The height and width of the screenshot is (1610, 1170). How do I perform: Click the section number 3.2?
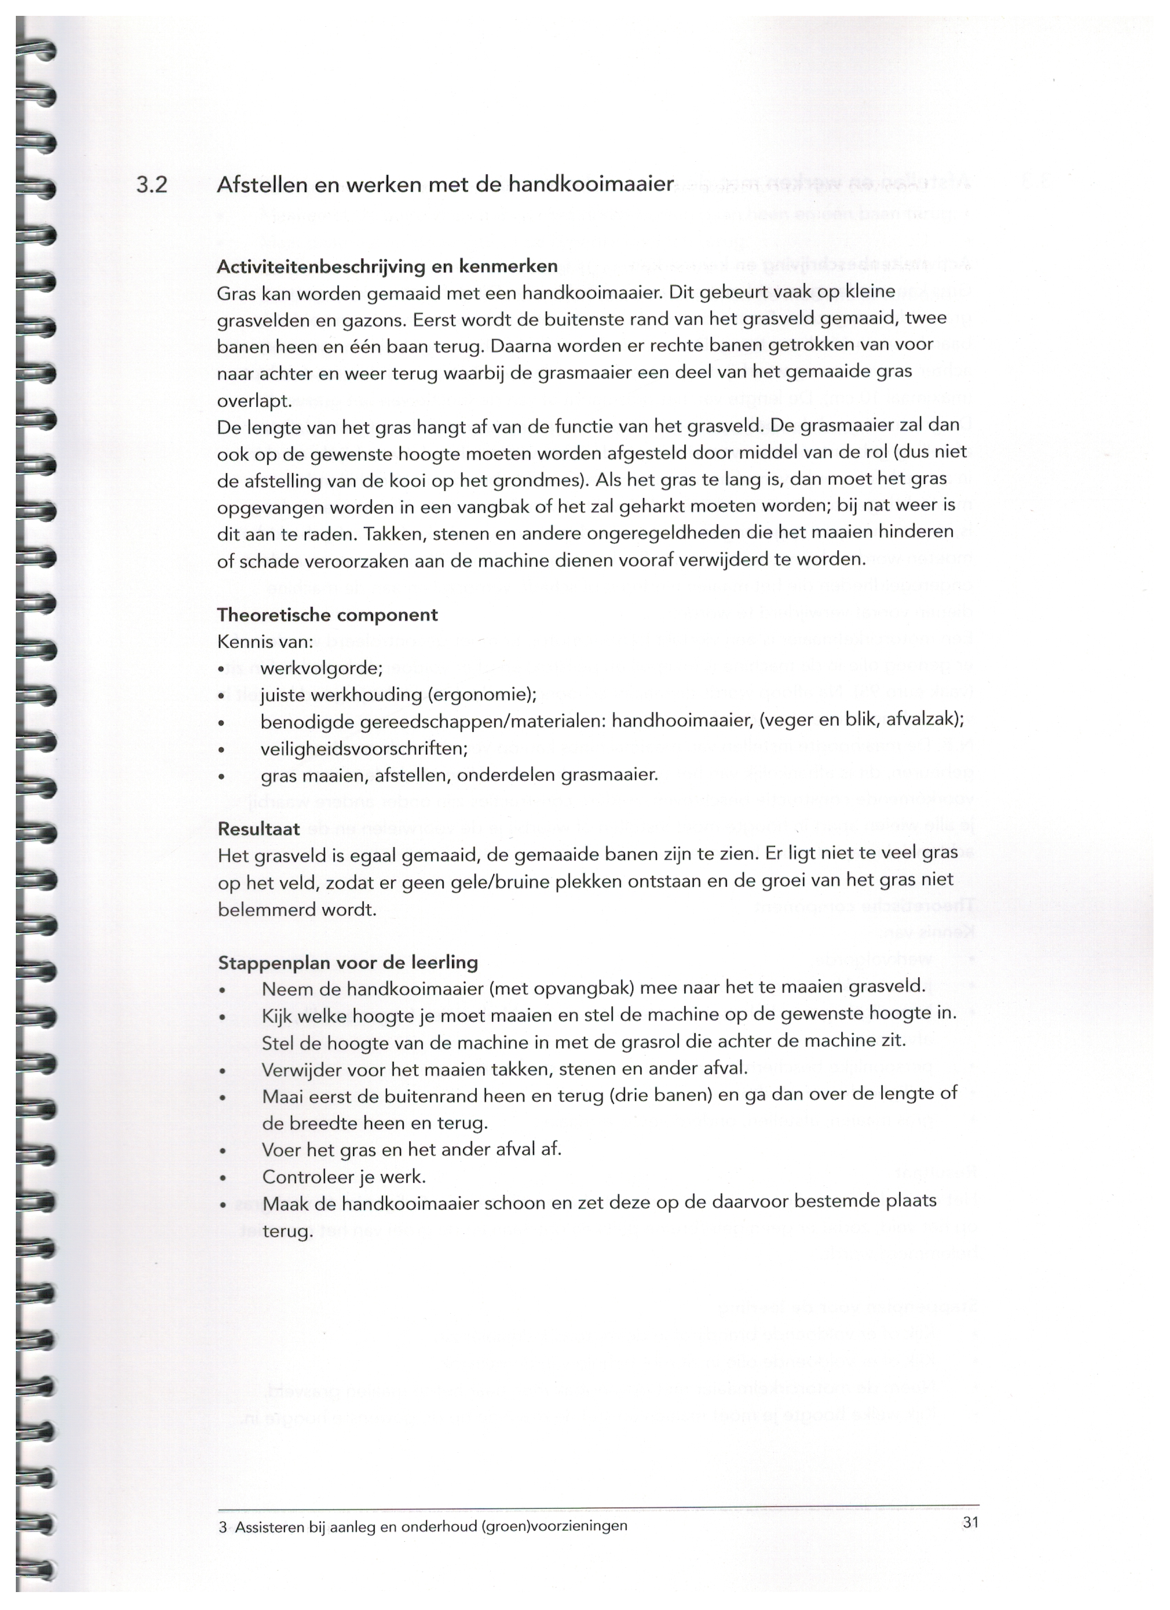pos(151,185)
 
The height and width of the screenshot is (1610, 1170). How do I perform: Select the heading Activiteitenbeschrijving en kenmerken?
pos(387,267)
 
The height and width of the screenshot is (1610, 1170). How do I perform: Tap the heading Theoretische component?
pos(327,615)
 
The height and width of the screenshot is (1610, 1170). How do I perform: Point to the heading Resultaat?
pos(258,829)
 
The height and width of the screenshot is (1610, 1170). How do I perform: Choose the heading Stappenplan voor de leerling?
pos(348,963)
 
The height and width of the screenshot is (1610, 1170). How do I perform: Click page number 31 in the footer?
pos(970,1523)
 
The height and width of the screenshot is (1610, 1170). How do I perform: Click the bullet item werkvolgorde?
pos(321,669)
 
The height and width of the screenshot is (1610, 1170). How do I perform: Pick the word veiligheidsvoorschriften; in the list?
pos(364,749)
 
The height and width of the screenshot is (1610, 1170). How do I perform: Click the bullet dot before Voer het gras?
pos(224,1151)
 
